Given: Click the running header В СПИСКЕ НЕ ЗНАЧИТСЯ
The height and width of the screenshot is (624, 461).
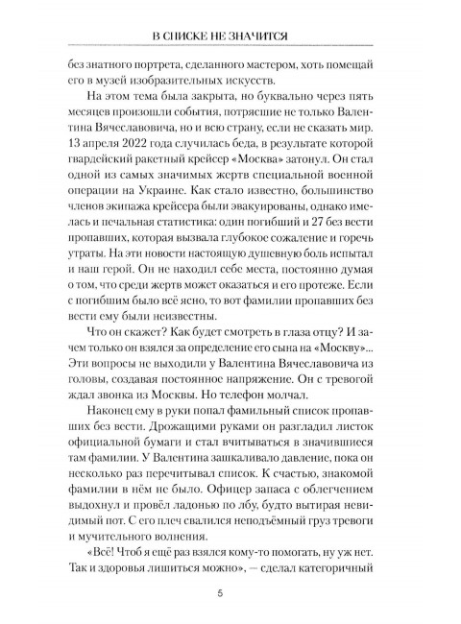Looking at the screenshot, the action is tap(230, 36).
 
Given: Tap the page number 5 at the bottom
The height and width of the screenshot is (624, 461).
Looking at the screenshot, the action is tap(230, 596).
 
